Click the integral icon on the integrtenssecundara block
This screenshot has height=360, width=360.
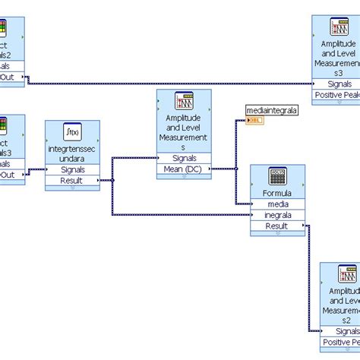(72, 133)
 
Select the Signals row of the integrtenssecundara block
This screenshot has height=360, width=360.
(73, 169)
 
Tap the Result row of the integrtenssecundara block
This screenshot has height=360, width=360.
(73, 180)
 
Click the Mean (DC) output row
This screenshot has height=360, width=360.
(182, 169)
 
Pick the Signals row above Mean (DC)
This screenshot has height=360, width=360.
(182, 158)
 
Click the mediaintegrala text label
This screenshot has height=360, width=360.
(272, 111)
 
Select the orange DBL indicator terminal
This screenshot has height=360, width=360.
(254, 121)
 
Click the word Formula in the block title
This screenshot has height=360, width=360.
(277, 194)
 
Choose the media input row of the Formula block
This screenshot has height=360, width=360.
(277, 204)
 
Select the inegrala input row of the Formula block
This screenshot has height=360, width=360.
(277, 215)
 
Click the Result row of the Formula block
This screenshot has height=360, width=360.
(277, 226)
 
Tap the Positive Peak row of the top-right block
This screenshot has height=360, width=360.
(338, 95)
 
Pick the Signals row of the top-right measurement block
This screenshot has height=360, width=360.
(338, 84)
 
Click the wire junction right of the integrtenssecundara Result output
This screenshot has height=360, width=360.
(113, 180)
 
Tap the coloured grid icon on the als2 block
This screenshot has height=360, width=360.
(4, 29)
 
